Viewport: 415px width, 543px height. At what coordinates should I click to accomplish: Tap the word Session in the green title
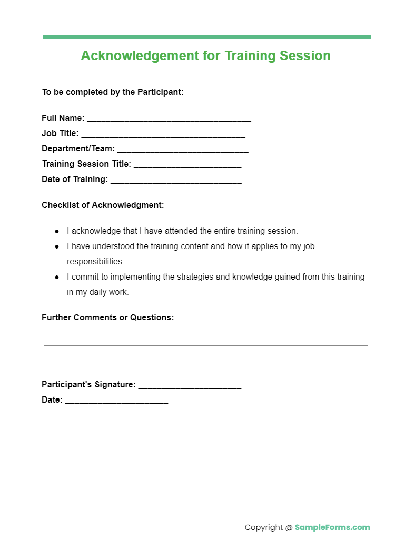click(306, 56)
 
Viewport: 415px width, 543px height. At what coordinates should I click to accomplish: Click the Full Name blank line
click(169, 119)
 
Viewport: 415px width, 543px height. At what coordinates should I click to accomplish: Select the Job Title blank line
click(163, 135)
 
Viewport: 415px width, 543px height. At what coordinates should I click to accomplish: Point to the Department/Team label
click(78, 149)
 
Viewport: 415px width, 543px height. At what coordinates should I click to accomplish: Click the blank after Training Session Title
click(187, 165)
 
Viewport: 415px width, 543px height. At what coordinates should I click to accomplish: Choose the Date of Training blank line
click(176, 180)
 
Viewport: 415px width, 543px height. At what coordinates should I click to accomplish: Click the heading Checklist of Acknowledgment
click(103, 205)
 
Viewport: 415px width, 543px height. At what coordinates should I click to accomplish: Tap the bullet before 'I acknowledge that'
click(57, 231)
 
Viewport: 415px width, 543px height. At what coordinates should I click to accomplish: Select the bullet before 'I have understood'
click(57, 246)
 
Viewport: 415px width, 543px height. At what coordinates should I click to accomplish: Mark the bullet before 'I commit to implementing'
click(57, 277)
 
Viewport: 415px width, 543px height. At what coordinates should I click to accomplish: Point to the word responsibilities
click(95, 262)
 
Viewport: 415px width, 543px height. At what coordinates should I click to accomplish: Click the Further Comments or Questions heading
click(107, 317)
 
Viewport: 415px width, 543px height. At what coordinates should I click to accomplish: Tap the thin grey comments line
click(205, 345)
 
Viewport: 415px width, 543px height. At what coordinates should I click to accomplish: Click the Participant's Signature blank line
click(190, 386)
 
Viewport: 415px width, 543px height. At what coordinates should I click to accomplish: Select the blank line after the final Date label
click(116, 402)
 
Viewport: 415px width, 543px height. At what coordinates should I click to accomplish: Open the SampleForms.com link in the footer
click(332, 527)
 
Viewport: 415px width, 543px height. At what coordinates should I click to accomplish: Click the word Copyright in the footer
click(264, 527)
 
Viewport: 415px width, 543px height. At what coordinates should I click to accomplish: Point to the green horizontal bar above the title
click(206, 37)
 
